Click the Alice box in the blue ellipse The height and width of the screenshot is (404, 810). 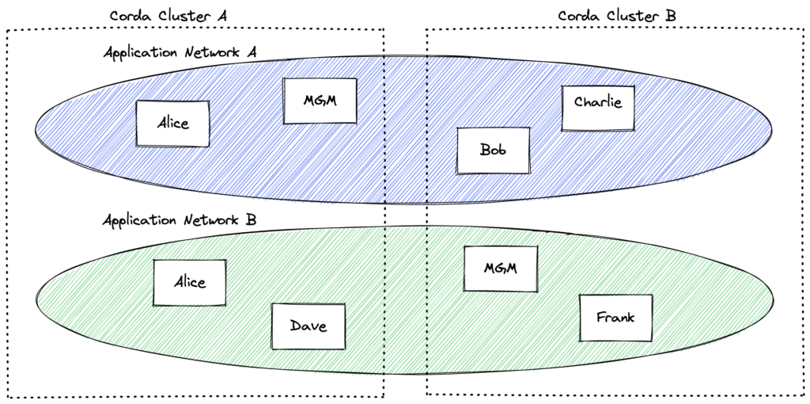[172, 124]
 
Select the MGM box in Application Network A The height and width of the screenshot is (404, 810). [320, 101]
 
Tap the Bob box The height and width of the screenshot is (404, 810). [493, 150]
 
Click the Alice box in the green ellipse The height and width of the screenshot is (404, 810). [190, 282]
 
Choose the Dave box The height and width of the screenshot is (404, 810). [308, 326]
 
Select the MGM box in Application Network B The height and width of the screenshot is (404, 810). [501, 269]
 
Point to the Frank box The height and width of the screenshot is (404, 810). [615, 318]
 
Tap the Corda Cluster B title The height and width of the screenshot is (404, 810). [617, 14]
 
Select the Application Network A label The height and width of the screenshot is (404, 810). [183, 52]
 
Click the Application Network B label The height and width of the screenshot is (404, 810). [183, 219]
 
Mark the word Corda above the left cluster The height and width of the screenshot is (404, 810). [129, 14]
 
